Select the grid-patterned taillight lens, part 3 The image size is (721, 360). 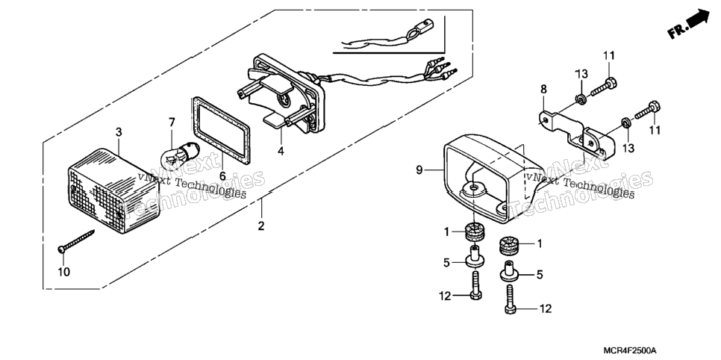click(113, 190)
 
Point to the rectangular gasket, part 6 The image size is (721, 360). click(221, 131)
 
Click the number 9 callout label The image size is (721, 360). click(419, 170)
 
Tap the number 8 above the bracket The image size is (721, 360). click(544, 89)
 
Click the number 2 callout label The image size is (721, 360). click(261, 226)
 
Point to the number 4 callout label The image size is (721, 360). click(281, 150)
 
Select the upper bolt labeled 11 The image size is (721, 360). click(603, 88)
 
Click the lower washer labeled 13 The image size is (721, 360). click(625, 122)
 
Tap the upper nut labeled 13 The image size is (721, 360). click(581, 99)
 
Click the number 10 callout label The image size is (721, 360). click(64, 272)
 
